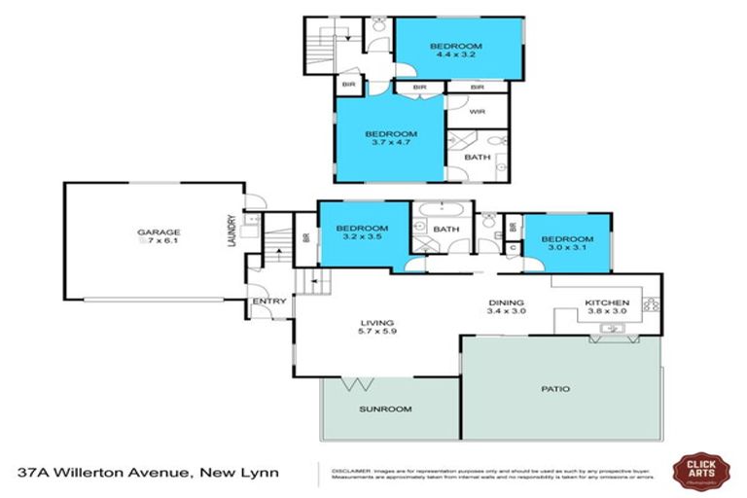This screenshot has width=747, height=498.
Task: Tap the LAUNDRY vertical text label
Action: [231, 231]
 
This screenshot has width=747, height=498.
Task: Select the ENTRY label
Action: [268, 302]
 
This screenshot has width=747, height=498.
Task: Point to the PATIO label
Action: [555, 389]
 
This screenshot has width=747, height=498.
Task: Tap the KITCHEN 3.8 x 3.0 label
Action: [608, 308]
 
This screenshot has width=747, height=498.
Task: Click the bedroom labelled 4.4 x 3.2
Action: [456, 51]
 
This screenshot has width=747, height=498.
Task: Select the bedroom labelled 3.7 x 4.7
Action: [390, 138]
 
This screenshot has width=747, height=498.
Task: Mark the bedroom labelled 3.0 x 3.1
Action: [567, 244]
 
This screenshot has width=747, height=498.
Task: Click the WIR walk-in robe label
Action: [477, 112]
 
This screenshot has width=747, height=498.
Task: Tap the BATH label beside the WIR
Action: [477, 157]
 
